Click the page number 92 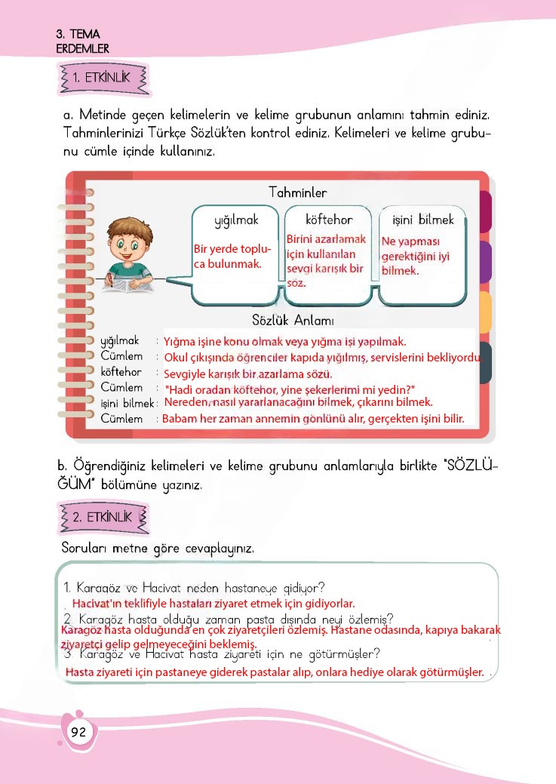pos(78,731)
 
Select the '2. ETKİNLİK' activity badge pos(102,518)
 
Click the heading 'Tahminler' pos(297,193)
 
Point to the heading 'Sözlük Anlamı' pos(293,321)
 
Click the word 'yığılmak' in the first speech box pos(236,220)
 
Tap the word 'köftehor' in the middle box pos(329,220)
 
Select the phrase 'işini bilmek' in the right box pos(423,220)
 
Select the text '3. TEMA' pos(78,35)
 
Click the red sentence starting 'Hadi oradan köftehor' pos(290,389)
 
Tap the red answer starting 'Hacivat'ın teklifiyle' pos(213,604)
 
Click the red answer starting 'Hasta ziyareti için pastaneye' pos(275,672)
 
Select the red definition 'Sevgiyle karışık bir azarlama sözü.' pos(248,374)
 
